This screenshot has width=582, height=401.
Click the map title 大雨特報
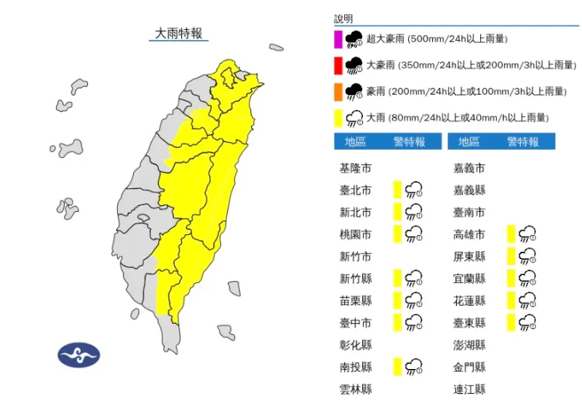178,33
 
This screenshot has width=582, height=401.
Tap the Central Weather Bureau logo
79,354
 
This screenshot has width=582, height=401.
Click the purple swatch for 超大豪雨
338,39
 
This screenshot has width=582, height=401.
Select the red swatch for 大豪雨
338,65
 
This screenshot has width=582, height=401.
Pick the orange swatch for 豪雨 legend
338,92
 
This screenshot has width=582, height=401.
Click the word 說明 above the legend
343,18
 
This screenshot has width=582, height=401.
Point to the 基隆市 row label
355,169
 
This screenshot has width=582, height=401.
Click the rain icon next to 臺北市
415,191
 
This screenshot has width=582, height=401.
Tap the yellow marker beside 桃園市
397,234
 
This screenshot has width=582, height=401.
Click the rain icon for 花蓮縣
528,301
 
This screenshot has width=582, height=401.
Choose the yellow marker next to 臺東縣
511,322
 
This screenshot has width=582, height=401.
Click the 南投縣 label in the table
355,367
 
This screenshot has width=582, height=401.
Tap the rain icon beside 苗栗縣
415,301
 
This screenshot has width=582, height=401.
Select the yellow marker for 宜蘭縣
511,279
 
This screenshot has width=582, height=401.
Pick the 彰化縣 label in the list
355,345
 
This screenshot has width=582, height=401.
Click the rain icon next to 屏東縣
528,256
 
